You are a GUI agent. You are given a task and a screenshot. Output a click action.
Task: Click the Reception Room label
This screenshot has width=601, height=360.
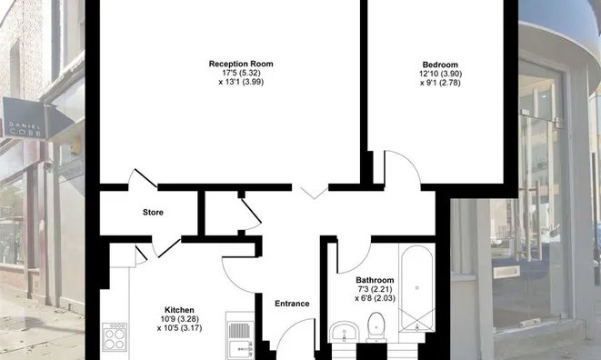240,64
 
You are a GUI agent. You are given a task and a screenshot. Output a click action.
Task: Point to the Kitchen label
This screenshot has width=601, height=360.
179,310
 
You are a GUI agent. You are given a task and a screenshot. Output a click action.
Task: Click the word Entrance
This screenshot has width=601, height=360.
292,304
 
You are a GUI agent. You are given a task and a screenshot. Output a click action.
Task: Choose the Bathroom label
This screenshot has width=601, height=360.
375,280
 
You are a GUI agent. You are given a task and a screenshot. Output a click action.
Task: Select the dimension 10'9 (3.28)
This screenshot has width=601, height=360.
179,319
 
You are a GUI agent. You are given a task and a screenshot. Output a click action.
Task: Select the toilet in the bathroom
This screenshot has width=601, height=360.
376,327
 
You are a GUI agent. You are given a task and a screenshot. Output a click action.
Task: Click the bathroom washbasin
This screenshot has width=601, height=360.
343,331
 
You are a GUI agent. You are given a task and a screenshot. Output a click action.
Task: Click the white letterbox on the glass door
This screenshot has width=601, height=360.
506,270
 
